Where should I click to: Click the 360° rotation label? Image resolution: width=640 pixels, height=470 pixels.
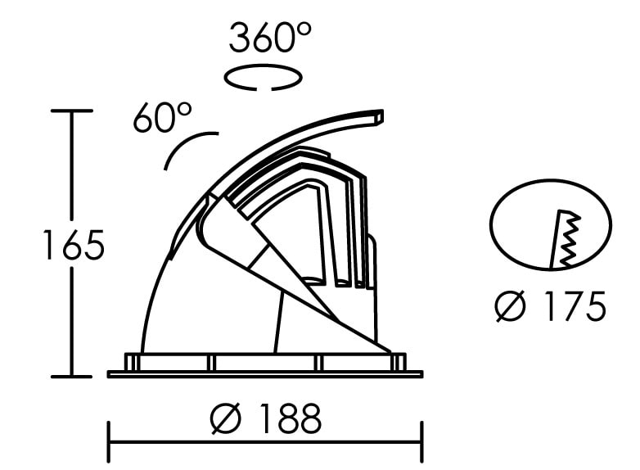point(270,38)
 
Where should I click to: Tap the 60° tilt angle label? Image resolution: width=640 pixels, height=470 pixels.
point(162,117)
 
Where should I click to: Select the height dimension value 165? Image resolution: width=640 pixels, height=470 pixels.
point(74,245)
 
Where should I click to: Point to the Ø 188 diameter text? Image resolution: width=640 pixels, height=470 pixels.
point(266,418)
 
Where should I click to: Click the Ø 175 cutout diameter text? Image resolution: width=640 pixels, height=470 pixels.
point(551,306)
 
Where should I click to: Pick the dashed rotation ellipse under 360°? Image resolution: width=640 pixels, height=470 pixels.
point(264,77)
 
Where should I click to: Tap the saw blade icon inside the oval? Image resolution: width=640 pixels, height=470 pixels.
point(565,239)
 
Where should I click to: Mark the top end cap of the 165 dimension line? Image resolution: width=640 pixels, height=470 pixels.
point(72,111)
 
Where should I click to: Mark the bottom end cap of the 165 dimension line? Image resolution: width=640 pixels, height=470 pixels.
point(72,377)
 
